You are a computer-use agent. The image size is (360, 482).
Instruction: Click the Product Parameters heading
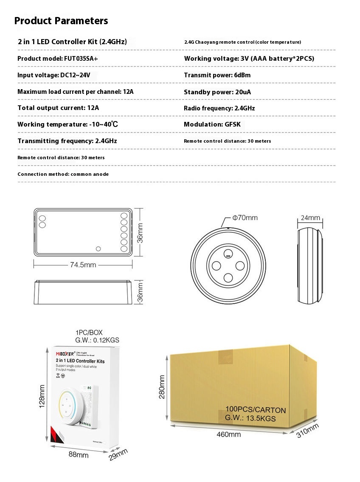61,21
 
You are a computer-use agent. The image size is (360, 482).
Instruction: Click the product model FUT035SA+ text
57,59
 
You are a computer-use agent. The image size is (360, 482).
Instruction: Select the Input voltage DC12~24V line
53,75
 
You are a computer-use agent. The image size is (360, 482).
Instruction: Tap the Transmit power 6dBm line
217,75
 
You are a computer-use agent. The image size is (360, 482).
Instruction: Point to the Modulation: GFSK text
212,124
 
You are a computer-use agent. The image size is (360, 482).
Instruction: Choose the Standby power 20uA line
218,92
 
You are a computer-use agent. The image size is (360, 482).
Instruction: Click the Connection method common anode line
63,174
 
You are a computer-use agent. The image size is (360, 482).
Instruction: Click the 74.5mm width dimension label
83,265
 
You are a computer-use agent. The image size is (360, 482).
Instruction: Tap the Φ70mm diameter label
245,218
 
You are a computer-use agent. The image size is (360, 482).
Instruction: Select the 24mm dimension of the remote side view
310,218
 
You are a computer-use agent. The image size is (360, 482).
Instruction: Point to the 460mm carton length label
228,434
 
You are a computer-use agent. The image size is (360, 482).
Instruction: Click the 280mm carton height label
162,386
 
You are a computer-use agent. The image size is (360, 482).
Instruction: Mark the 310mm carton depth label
307,431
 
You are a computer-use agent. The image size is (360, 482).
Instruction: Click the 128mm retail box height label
42,396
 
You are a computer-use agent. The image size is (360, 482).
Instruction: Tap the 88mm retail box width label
79,455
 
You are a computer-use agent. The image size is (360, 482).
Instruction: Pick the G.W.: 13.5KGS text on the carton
250,418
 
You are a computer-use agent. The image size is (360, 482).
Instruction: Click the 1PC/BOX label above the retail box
89,333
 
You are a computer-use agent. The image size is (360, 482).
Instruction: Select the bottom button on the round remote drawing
228,278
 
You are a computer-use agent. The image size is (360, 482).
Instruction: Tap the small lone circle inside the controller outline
98,248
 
